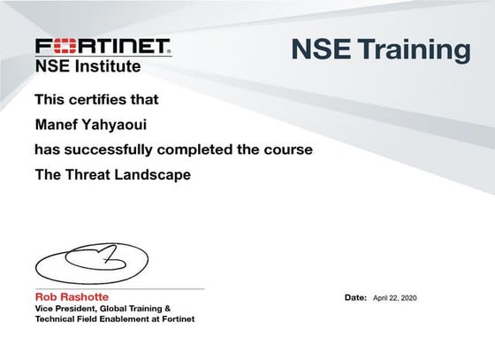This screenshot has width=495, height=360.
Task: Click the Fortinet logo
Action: [x=103, y=46]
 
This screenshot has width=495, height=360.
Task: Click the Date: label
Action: [x=355, y=298]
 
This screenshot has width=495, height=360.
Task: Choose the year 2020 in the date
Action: [x=407, y=298]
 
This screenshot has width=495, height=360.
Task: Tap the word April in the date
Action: [x=381, y=298]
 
